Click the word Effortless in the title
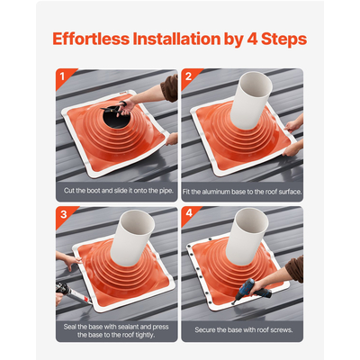pos(91,39)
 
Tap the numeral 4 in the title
pos(252,39)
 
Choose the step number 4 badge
pos(189,213)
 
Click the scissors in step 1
pos(114,109)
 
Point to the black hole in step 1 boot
pos(114,118)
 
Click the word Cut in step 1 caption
pos(68,191)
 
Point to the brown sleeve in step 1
pos(170,87)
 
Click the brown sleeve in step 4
pos(295,269)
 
